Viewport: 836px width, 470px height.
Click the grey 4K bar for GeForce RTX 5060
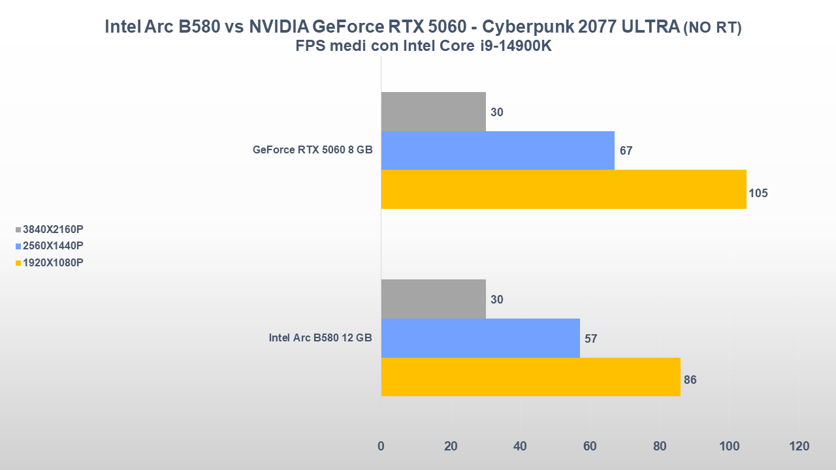click(x=433, y=112)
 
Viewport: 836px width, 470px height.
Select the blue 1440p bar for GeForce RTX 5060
click(x=498, y=150)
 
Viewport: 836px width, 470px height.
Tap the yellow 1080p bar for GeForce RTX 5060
click(x=564, y=189)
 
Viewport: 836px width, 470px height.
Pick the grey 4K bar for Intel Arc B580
click(x=433, y=299)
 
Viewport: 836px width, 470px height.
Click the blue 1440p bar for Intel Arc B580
click(x=480, y=338)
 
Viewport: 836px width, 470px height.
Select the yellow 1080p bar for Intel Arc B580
click(x=530, y=377)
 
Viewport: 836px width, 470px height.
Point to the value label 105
click(x=758, y=193)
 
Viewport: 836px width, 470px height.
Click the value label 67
click(x=626, y=151)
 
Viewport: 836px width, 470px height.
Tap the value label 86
click(x=690, y=380)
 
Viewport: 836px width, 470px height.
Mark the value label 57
click(x=591, y=339)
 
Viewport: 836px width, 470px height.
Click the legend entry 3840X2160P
click(x=53, y=229)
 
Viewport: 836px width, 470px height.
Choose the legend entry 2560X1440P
click(x=53, y=246)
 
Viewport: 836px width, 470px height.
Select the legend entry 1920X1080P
click(x=53, y=262)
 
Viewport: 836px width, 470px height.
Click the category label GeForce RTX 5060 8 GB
click(x=313, y=150)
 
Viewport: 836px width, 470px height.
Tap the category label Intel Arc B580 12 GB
click(x=321, y=338)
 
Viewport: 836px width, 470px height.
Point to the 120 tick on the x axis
click(x=799, y=446)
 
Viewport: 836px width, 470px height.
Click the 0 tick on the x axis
click(x=381, y=446)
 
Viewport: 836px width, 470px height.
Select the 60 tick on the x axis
click(x=590, y=446)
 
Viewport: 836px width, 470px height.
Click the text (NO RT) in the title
click(x=712, y=28)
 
